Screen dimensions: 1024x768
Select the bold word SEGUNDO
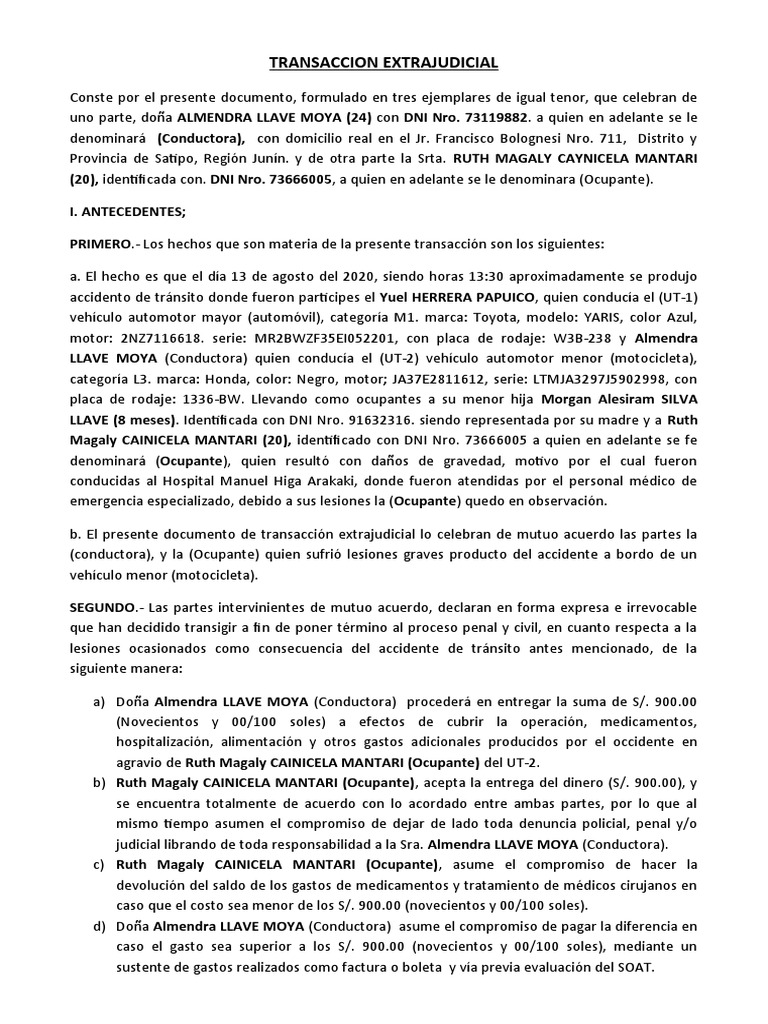tap(102, 607)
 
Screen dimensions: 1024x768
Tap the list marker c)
tap(99, 862)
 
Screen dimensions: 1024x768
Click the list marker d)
tap(99, 927)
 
